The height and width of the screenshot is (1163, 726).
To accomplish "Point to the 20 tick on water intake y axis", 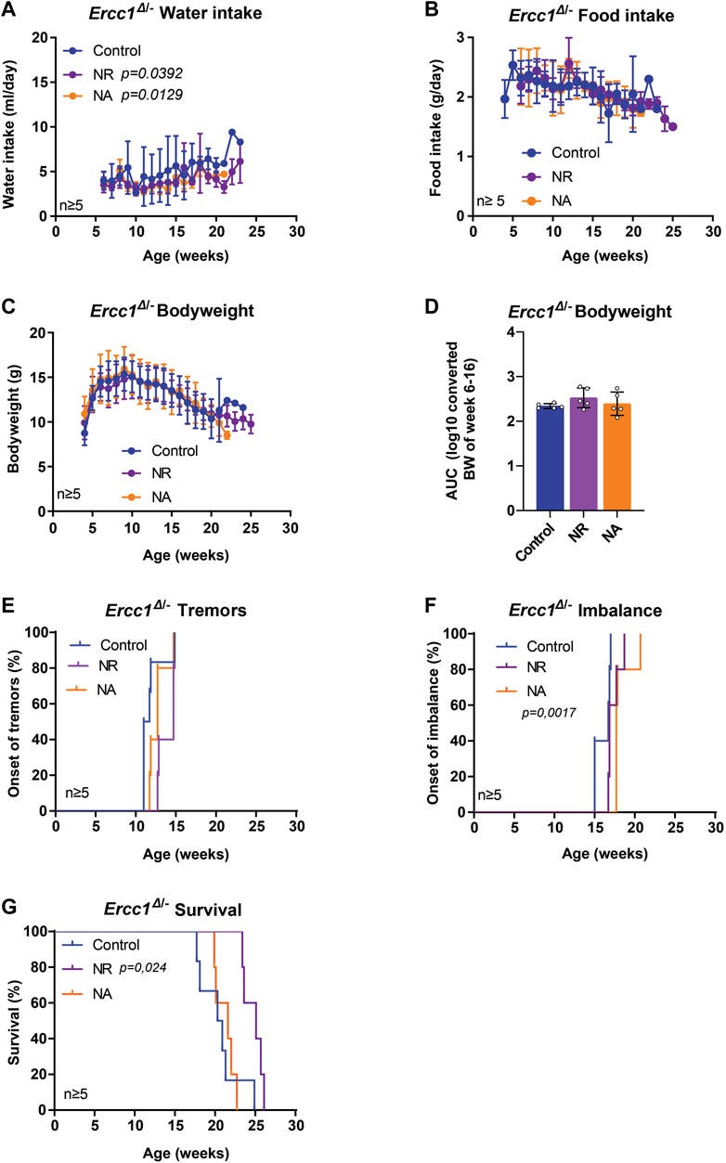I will (39, 37).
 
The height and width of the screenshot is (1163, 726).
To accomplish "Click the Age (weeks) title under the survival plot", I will (175, 1152).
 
